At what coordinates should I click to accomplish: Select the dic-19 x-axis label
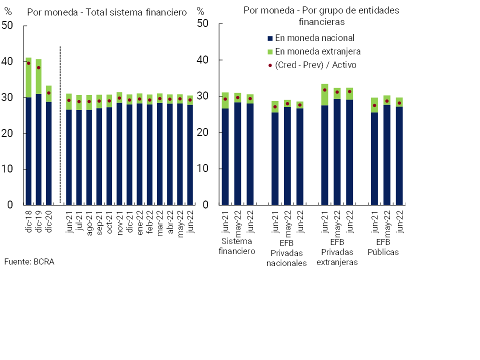point(39,220)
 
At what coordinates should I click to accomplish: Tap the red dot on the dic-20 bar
point(48,93)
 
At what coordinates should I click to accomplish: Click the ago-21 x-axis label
point(89,221)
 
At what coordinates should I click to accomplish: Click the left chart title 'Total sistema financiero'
point(106,12)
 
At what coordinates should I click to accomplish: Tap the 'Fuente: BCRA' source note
point(29,261)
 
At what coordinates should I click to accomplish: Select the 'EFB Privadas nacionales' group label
point(286,253)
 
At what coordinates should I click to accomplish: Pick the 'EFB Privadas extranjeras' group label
point(337,253)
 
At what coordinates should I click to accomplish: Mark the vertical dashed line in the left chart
point(60,125)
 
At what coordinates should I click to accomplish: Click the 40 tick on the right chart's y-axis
point(202,60)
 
